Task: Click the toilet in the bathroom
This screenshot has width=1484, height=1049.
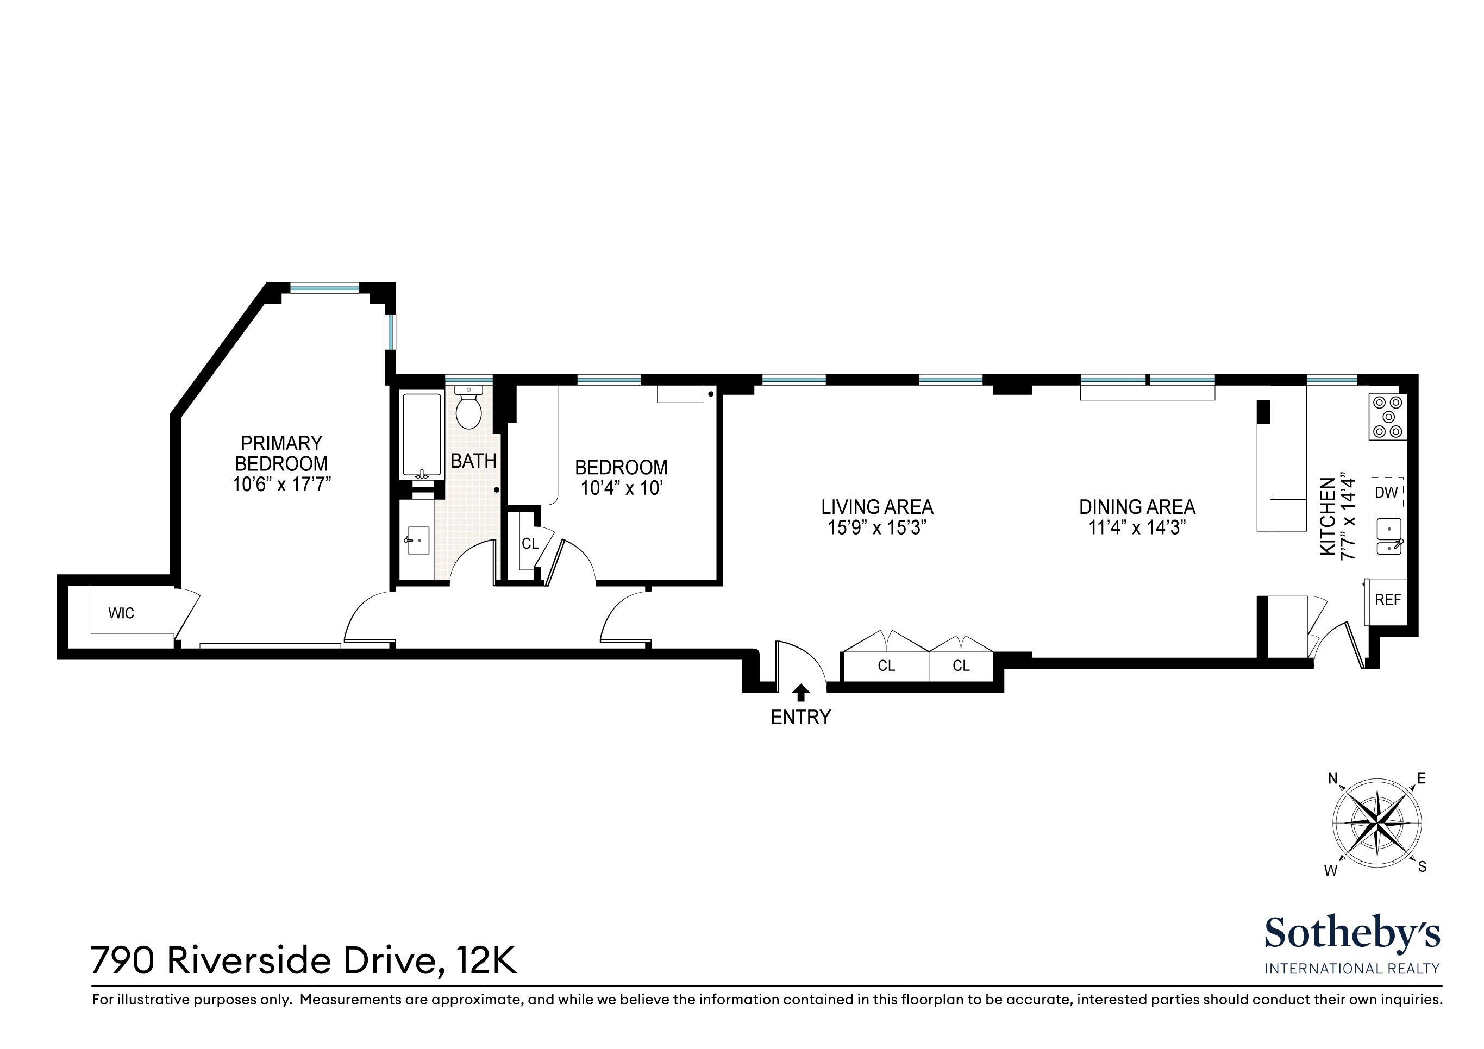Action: [468, 408]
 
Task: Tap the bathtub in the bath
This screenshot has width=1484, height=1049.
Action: [422, 435]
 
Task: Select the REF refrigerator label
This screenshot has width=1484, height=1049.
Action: [1388, 600]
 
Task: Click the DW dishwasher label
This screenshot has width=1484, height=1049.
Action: [1386, 493]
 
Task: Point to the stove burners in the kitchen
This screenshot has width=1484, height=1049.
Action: [1388, 417]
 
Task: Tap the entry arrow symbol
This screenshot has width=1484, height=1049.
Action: [801, 692]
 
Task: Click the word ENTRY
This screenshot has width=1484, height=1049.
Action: [800, 718]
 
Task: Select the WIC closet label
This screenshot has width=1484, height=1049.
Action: [121, 613]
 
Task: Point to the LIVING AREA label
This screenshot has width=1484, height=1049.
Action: [877, 507]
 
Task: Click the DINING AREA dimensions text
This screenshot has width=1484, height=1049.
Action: [1137, 528]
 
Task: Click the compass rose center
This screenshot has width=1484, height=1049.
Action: [1377, 824]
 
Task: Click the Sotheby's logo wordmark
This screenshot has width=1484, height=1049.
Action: [1352, 933]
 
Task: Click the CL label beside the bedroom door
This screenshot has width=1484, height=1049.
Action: [530, 544]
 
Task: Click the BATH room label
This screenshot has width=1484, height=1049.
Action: [473, 461]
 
